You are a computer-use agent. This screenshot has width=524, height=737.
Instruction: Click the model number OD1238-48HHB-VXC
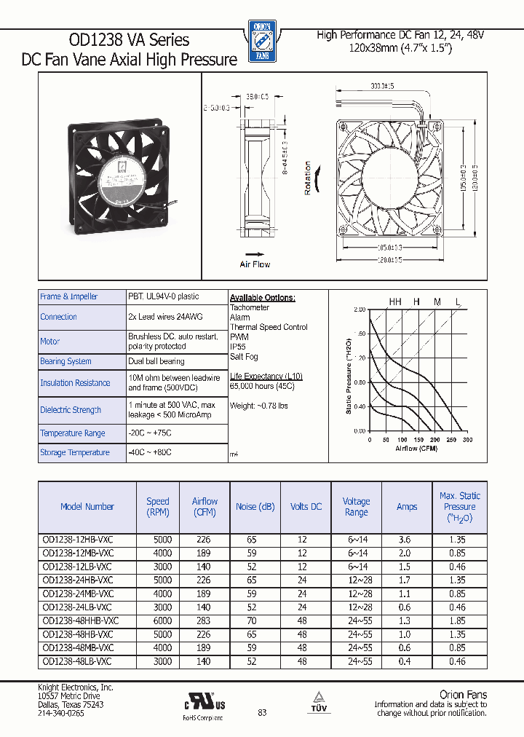pyautogui.click(x=80, y=620)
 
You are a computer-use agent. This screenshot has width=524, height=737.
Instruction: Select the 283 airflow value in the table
pyautogui.click(x=204, y=620)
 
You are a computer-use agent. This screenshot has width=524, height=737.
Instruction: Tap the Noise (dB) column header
pyautogui.click(x=255, y=507)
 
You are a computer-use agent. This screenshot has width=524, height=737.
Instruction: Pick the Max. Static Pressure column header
pyautogui.click(x=459, y=507)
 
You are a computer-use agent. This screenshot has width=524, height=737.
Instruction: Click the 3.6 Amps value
pyautogui.click(x=406, y=540)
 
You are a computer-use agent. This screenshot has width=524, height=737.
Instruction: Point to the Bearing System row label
pyautogui.click(x=65, y=361)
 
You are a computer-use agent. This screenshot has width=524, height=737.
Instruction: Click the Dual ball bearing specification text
pyautogui.click(x=156, y=361)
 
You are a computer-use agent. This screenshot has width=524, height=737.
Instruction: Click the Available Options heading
pyautogui.click(x=263, y=298)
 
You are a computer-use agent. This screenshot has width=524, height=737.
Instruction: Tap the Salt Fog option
pyautogui.click(x=244, y=357)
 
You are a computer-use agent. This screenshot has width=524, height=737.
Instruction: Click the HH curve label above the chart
pyautogui.click(x=395, y=301)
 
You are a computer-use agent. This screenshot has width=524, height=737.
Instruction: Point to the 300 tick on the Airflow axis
pyautogui.click(x=467, y=440)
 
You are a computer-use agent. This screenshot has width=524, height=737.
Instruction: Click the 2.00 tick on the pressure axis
pyautogui.click(x=360, y=310)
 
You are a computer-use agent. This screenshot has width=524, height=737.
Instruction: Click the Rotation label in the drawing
pyautogui.click(x=307, y=178)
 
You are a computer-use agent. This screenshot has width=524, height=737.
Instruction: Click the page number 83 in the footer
pyautogui.click(x=262, y=712)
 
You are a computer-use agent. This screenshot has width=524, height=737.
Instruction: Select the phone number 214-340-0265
pyautogui.click(x=60, y=713)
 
